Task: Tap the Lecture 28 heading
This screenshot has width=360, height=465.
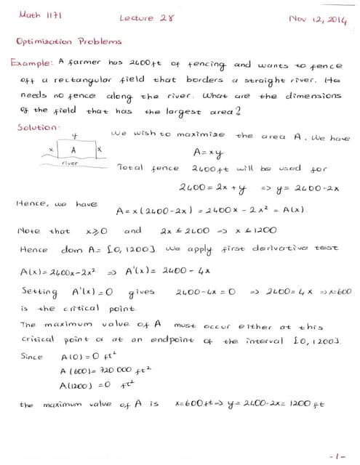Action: [x=146, y=17]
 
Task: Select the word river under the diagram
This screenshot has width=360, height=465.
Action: [x=70, y=164]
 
